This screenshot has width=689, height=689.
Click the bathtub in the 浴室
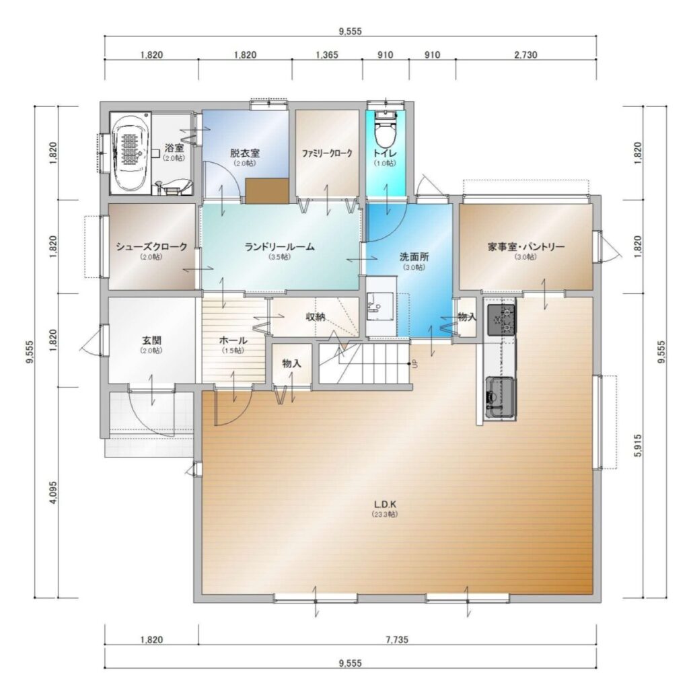point(130,153)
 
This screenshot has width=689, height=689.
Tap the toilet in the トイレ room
point(386,129)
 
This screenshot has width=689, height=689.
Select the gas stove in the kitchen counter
point(501,320)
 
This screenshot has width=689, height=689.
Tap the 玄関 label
point(151,340)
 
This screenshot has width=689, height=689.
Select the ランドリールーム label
point(280,247)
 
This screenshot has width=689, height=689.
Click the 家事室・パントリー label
point(526,246)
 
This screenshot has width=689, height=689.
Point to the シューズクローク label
point(151,247)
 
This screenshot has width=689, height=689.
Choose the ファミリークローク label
point(327,153)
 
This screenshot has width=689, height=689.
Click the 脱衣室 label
point(245,153)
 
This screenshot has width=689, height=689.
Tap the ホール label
point(233,340)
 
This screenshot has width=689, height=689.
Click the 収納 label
point(315,316)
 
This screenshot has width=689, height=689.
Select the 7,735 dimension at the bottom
point(397,639)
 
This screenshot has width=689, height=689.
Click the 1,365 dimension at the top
point(327,55)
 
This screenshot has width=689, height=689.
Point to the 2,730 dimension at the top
point(526,55)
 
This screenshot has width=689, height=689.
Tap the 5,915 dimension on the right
point(638,445)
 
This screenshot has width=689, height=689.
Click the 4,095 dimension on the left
point(52,493)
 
